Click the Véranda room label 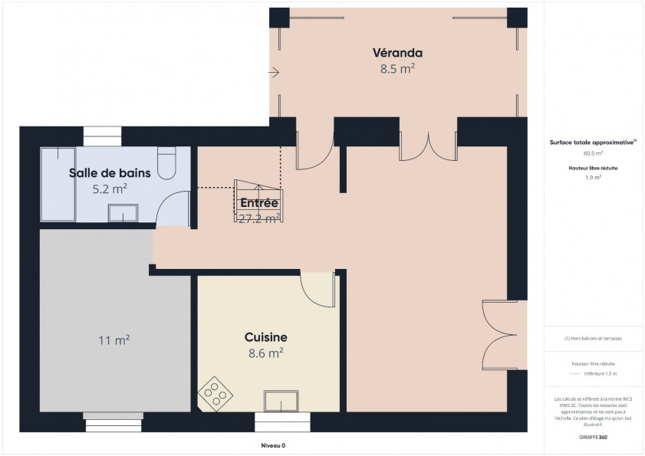pyautogui.click(x=397, y=53)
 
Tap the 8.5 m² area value pyautogui.click(x=397, y=68)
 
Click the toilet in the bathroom pyautogui.click(x=166, y=162)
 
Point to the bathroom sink pyautogui.click(x=122, y=212)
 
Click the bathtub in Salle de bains pyautogui.click(x=58, y=184)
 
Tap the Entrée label pyautogui.click(x=258, y=203)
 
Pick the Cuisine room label pyautogui.click(x=266, y=337)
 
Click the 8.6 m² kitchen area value pyautogui.click(x=266, y=353)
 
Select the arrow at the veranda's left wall pyautogui.click(x=275, y=73)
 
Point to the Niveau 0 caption pyautogui.click(x=273, y=445)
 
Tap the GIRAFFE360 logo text pyautogui.click(x=592, y=436)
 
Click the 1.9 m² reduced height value pyautogui.click(x=592, y=177)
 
